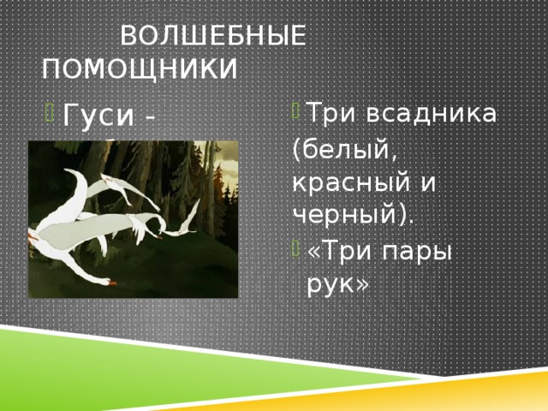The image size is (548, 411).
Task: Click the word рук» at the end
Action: (337, 285)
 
